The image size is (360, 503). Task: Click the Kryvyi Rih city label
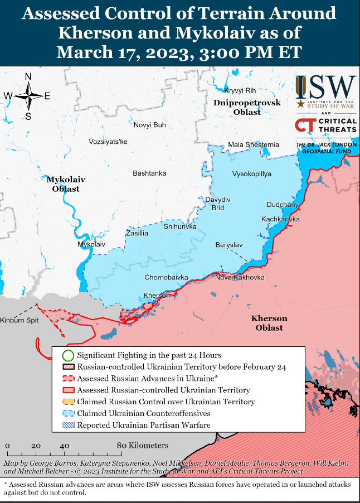pyautogui.click(x=240, y=91)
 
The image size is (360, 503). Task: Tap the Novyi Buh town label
pyautogui.click(x=149, y=125)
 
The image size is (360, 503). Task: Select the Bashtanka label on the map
pyautogui.click(x=149, y=173)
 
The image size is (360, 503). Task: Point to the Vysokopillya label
pyautogui.click(x=251, y=174)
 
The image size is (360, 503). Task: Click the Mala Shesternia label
pyautogui.click(x=254, y=145)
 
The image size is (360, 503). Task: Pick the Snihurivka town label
pyautogui.click(x=180, y=227)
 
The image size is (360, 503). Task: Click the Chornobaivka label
pyautogui.click(x=166, y=277)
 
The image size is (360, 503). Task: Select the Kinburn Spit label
pyautogui.click(x=20, y=321)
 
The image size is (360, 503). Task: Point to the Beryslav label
pyautogui.click(x=228, y=245)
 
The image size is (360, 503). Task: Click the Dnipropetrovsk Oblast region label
pyautogui.click(x=246, y=108)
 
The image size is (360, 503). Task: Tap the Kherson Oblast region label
pyautogui.click(x=269, y=323)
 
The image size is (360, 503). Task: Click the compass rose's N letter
pyautogui.click(x=28, y=77)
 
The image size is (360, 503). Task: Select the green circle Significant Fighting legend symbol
pyautogui.click(x=68, y=355)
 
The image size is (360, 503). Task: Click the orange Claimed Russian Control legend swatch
pyautogui.click(x=68, y=402)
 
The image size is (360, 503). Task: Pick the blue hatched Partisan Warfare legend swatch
pyautogui.click(x=68, y=425)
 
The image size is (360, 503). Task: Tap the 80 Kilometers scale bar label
pyautogui.click(x=143, y=446)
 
